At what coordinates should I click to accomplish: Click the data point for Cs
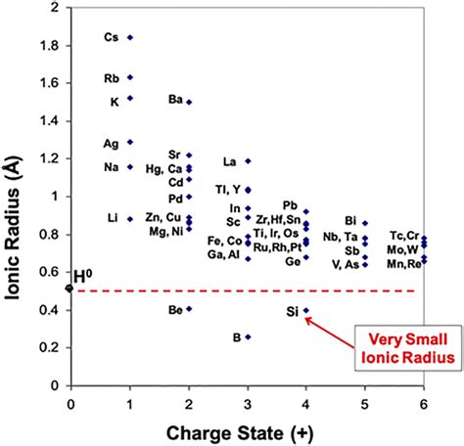click(x=130, y=37)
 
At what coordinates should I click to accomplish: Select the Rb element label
click(x=112, y=77)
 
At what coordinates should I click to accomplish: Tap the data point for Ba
click(x=189, y=102)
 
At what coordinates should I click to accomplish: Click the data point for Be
click(x=189, y=309)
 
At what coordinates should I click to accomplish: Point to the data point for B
click(x=248, y=336)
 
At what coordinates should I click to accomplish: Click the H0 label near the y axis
click(x=83, y=277)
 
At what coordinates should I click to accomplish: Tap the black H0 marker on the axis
click(x=70, y=288)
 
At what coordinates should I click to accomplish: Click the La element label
click(x=229, y=161)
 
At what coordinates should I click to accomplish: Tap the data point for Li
click(x=130, y=218)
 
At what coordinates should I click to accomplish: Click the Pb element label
click(x=290, y=205)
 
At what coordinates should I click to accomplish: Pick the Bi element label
click(x=350, y=221)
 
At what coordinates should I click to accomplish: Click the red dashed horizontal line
click(x=245, y=290)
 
